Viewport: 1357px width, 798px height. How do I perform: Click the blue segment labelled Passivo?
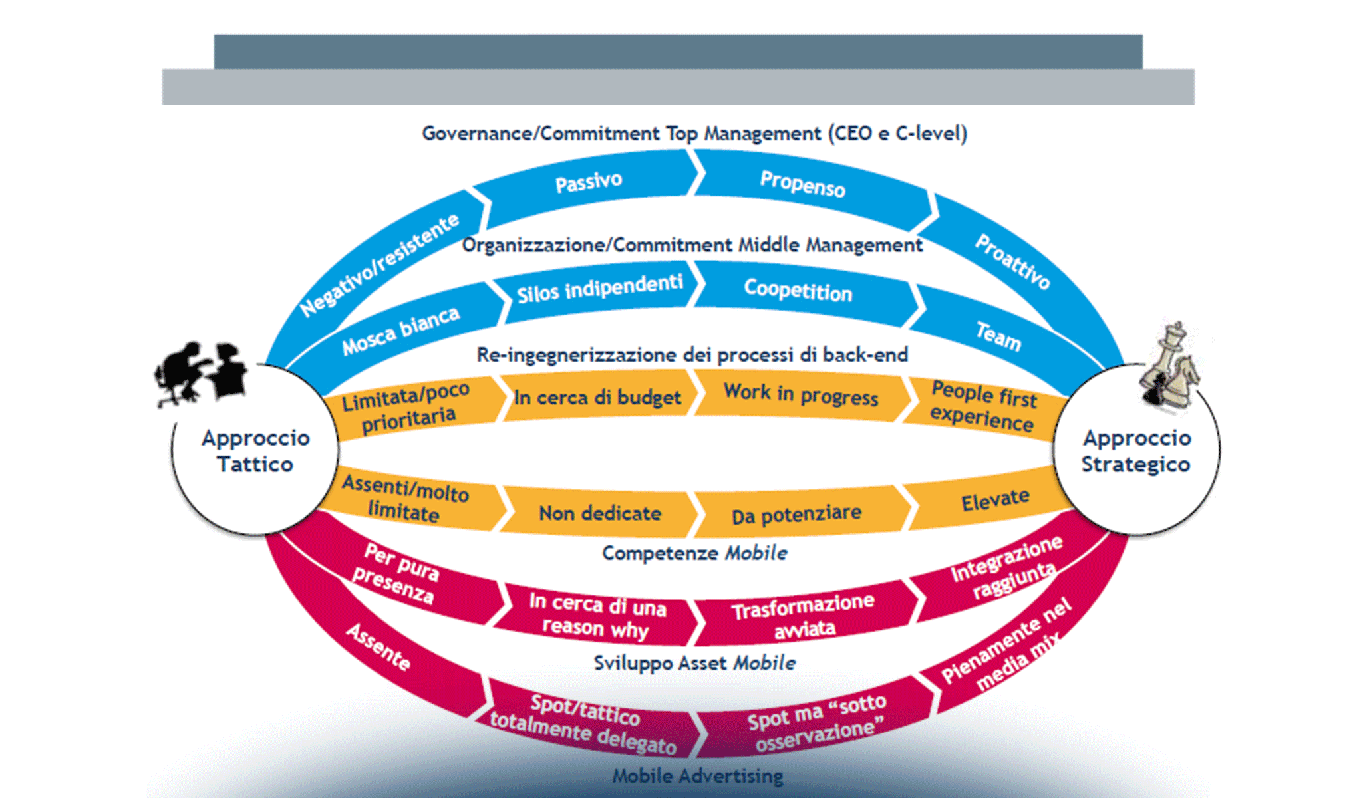click(589, 182)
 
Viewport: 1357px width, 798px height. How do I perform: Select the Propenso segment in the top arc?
click(802, 184)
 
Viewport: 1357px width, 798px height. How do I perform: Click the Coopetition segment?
click(798, 291)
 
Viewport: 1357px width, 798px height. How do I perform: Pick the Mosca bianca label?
click(400, 331)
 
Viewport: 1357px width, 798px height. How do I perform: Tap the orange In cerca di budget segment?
click(597, 398)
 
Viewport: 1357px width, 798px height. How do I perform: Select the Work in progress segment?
click(801, 394)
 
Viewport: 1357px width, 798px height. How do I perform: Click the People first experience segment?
click(982, 406)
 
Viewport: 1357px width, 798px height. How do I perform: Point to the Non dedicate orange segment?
click(599, 513)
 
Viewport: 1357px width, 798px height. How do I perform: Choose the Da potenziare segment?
click(796, 514)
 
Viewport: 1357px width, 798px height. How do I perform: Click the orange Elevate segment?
click(995, 500)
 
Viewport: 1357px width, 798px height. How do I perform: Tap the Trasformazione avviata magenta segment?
click(804, 616)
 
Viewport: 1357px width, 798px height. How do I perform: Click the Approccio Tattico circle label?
click(255, 451)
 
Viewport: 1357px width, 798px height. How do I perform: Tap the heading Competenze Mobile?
click(694, 553)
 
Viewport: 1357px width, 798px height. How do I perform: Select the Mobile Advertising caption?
click(697, 776)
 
